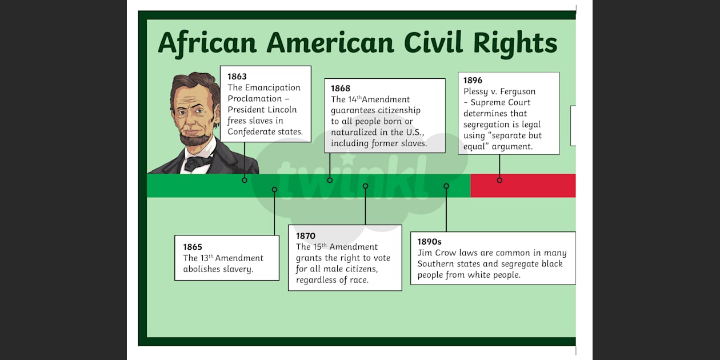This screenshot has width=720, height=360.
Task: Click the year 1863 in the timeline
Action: click(237, 77)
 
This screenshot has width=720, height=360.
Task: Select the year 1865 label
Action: click(193, 247)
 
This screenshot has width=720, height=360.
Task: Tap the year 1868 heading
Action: click(341, 89)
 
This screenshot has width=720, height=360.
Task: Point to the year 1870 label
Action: click(306, 236)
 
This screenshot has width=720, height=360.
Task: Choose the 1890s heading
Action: click(429, 242)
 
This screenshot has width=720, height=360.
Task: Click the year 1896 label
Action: click(473, 81)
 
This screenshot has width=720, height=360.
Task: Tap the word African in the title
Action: click(207, 43)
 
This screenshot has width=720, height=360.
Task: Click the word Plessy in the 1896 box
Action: click(477, 91)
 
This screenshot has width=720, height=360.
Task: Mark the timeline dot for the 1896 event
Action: click(499, 180)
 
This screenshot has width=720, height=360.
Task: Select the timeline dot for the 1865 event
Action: click(274, 190)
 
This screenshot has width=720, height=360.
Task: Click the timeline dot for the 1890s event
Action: click(446, 186)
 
